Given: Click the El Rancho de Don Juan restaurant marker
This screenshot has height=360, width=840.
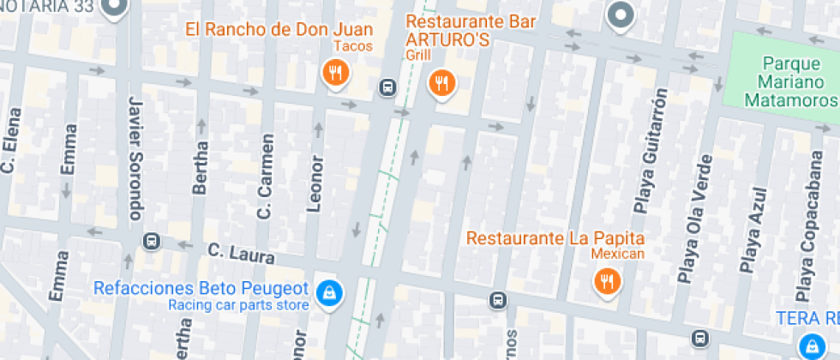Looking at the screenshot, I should pos(335,74).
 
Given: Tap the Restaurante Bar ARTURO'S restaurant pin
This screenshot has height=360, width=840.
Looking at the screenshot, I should pos(441,83).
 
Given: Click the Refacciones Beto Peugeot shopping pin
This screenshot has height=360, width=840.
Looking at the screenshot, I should pos(327,293).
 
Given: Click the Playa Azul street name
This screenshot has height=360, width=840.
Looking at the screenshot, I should pos(752,242).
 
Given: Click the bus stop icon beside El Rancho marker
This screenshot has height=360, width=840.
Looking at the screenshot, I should pos(387,87).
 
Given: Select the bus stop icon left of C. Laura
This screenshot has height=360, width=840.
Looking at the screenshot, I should pos(152,242).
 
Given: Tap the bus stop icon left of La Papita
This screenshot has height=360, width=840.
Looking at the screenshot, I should pos(497,300).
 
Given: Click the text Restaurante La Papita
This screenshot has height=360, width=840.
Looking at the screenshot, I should pos(555,237).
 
